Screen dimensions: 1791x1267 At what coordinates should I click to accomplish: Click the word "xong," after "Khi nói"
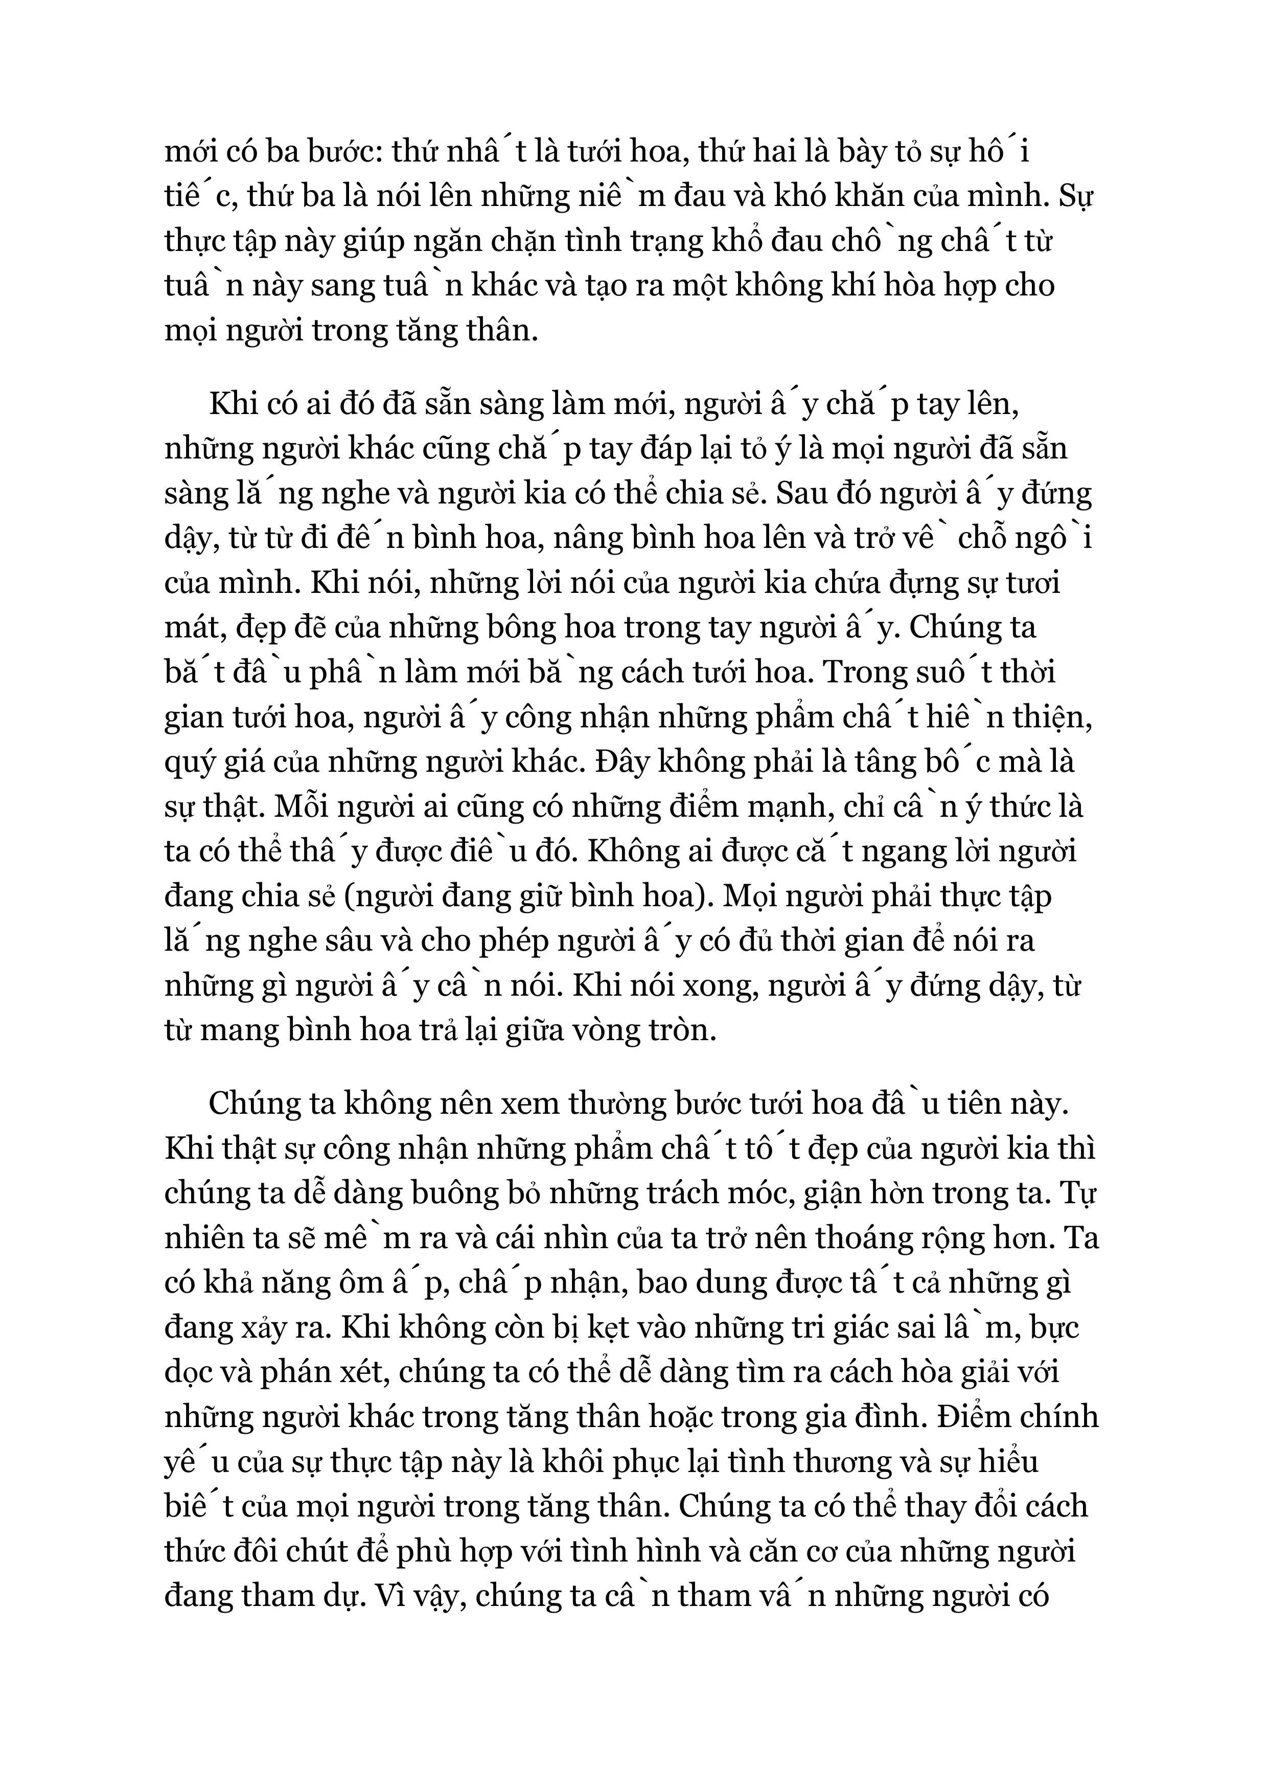pyautogui.click(x=722, y=987)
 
